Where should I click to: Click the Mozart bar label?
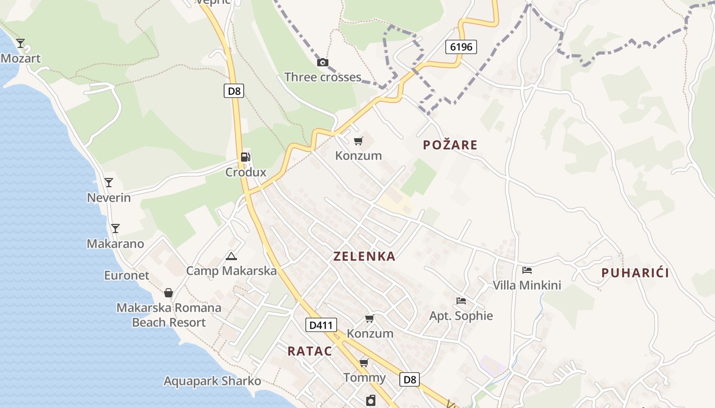pos(20,59)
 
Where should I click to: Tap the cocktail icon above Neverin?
pos(108,183)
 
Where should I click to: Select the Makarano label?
pos(115,244)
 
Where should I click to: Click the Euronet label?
pos(127,275)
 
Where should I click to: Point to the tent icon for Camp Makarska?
pos(231,256)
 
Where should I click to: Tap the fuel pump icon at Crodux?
pos(246,157)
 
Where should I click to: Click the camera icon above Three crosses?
pos(322,63)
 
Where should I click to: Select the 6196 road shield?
pos(461,47)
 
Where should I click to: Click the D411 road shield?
pos(320,324)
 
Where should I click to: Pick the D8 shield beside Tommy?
pos(410,379)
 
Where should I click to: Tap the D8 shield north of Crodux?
pos(234,91)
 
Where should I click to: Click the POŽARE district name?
pos(450,145)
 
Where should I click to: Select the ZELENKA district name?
pos(364,257)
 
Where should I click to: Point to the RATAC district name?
pos(309,351)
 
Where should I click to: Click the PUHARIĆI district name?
pos(635,273)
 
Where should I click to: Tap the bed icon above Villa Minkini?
pos(527,270)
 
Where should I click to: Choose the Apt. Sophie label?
pos(461,316)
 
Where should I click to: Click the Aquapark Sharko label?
pos(212,381)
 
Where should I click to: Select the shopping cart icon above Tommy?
pos(364,363)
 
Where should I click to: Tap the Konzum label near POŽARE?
pos(358,156)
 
